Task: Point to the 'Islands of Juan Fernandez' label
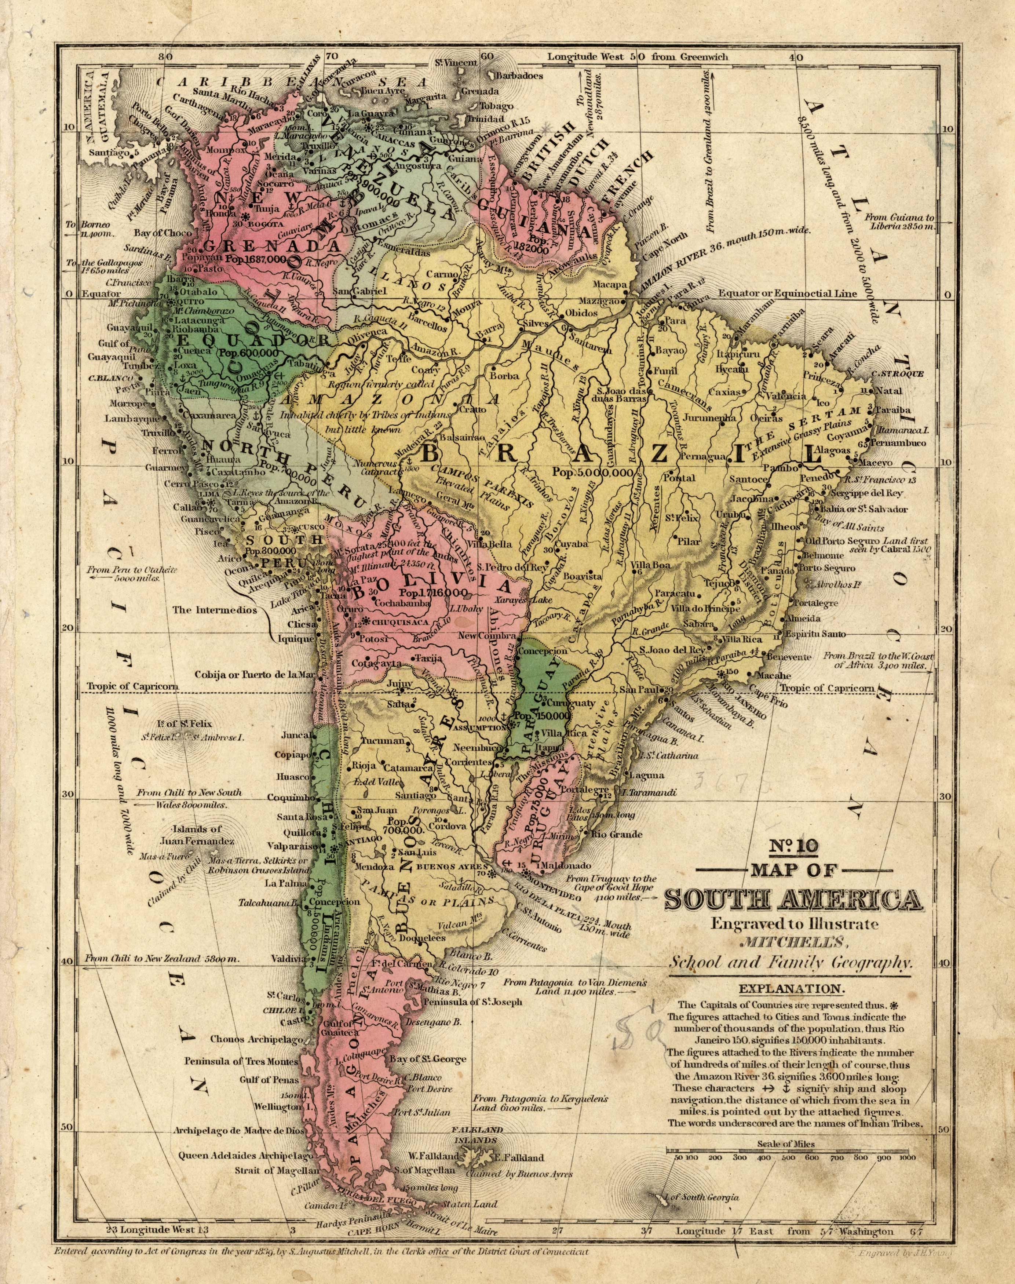click(x=197, y=835)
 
